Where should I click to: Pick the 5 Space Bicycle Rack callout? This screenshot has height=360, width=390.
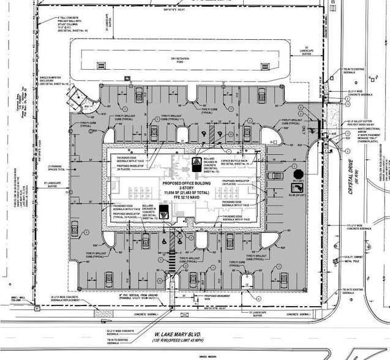pos(236,162)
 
